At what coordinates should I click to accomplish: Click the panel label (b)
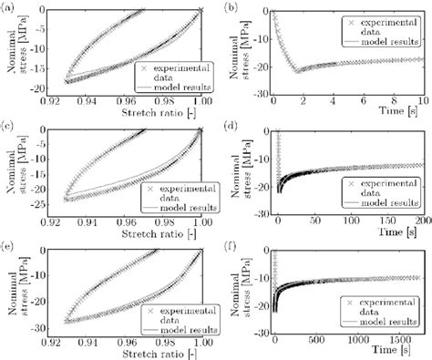[x=230, y=6]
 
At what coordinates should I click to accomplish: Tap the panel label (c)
[x=7, y=122]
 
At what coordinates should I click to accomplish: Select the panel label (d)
[x=230, y=122]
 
